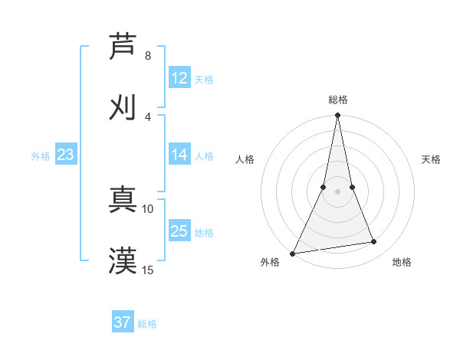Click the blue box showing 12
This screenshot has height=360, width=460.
pos(179,78)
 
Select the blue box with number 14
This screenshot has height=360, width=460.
pos(179,155)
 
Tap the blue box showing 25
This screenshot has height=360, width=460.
pos(179,231)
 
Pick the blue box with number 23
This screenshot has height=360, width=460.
pos(66,155)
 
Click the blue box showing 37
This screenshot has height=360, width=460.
pos(123,322)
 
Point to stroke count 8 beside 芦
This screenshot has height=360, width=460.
pos(148,56)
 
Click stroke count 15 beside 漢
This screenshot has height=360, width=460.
pos(148,270)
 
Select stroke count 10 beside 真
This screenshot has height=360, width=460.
pos(148,208)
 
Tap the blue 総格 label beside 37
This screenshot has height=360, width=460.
pos(147,324)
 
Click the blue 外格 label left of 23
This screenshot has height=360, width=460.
pos(41,155)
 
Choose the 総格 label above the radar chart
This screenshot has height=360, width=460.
pos(337,100)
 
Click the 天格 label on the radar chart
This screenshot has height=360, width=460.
pos(431,159)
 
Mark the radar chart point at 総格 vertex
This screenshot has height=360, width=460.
pos(337,116)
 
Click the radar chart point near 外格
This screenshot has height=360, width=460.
pos(292,254)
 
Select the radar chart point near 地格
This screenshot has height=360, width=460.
pos(374,242)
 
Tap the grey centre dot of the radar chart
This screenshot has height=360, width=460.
pos(337,191)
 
